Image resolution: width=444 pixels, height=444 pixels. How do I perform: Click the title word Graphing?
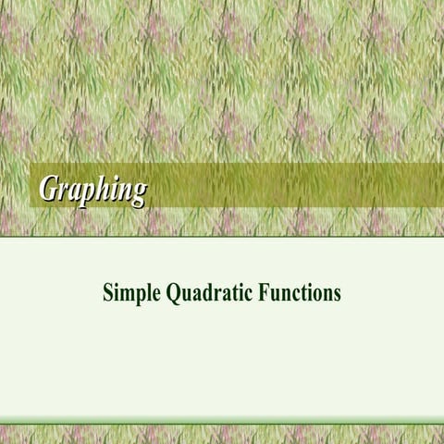92,188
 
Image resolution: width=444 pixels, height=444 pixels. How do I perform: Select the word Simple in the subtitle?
131,294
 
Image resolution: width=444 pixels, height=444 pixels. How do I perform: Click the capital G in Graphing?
49,187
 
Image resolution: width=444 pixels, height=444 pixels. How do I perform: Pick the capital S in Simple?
108,294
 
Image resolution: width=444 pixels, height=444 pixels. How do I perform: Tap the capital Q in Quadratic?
175,294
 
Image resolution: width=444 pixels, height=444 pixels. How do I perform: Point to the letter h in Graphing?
106,187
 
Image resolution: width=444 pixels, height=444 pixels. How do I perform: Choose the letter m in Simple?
128,295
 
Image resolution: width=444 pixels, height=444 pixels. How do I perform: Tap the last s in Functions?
337,295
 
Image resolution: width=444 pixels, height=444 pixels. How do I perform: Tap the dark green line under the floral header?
222,237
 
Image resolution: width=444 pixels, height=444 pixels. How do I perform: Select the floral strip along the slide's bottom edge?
222,434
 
